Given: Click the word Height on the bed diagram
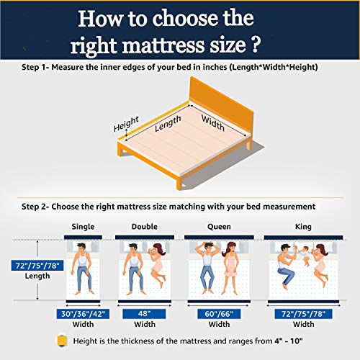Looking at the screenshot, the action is click(x=126, y=124).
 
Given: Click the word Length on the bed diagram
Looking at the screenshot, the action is click(x=168, y=123).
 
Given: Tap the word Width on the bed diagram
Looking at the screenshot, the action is click(x=213, y=122).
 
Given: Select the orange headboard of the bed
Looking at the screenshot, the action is click(x=221, y=106).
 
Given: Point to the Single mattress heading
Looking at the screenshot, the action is click(x=83, y=227).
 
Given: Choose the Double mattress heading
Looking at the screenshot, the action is click(x=145, y=227).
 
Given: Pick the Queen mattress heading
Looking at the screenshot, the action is click(x=219, y=227).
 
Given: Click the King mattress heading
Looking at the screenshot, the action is click(x=303, y=227).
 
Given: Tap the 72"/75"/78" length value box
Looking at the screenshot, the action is click(x=37, y=266).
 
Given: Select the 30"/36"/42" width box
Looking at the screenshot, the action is click(x=83, y=314).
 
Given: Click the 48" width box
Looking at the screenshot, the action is click(x=144, y=314).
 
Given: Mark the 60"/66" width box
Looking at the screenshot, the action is click(x=219, y=314).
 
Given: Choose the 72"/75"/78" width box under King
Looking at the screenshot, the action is click(x=304, y=314).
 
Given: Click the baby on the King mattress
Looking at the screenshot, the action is click(x=305, y=256).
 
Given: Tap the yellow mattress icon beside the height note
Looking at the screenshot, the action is click(x=62, y=341).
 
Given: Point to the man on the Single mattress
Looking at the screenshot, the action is click(x=82, y=269).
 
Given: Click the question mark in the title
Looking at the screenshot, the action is click(x=256, y=45).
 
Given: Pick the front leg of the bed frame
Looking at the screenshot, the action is click(x=179, y=184).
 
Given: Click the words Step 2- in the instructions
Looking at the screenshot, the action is click(x=35, y=207).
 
